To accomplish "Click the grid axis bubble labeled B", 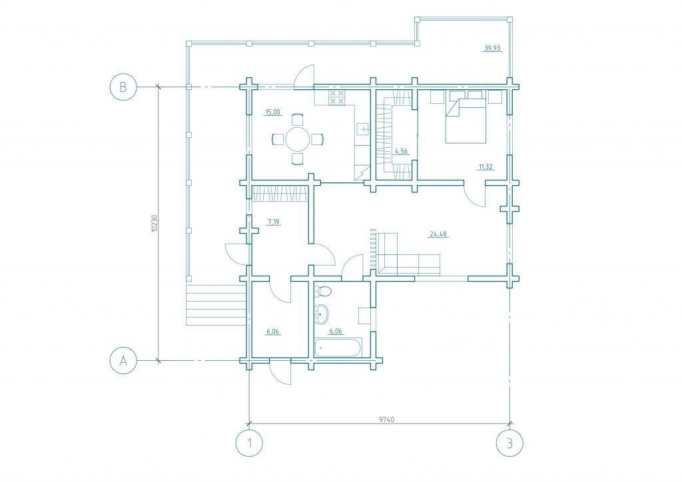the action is click(x=123, y=87).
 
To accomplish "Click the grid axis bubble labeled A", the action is click(x=123, y=360).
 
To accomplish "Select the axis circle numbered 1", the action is click(x=249, y=443).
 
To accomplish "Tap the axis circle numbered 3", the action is click(x=510, y=443).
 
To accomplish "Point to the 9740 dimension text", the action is click(x=387, y=419).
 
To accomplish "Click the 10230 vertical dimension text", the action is click(x=155, y=224).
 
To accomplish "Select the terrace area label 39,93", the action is click(x=492, y=48).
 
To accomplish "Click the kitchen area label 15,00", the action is click(x=272, y=112).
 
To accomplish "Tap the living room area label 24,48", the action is click(x=438, y=234).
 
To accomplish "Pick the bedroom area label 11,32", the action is click(x=486, y=166).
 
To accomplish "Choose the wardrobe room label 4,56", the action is click(x=400, y=151).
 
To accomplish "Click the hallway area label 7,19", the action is click(x=274, y=222).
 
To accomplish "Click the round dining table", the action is click(x=298, y=139).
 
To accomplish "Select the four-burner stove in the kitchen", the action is click(x=336, y=97).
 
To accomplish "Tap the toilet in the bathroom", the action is click(x=322, y=290).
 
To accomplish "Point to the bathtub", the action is click(x=338, y=348).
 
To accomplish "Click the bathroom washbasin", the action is click(x=321, y=314).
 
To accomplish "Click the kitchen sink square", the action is click(x=363, y=129).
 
